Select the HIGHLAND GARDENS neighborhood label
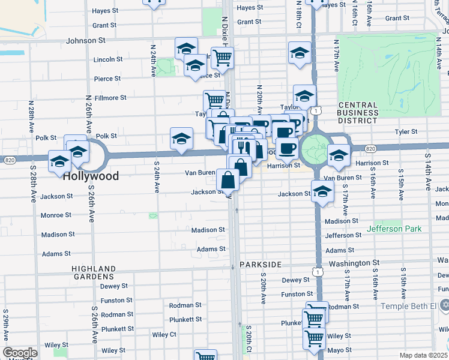tap(93, 272)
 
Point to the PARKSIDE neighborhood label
tap(260, 265)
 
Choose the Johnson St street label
tap(85, 41)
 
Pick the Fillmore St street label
tap(110, 97)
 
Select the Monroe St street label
tap(55, 215)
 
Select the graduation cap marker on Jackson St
tap(323, 192)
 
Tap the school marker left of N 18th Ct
tap(300, 52)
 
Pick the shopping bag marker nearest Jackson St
tap(228, 179)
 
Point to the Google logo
tap(20, 353)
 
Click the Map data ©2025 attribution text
tap(423, 355)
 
